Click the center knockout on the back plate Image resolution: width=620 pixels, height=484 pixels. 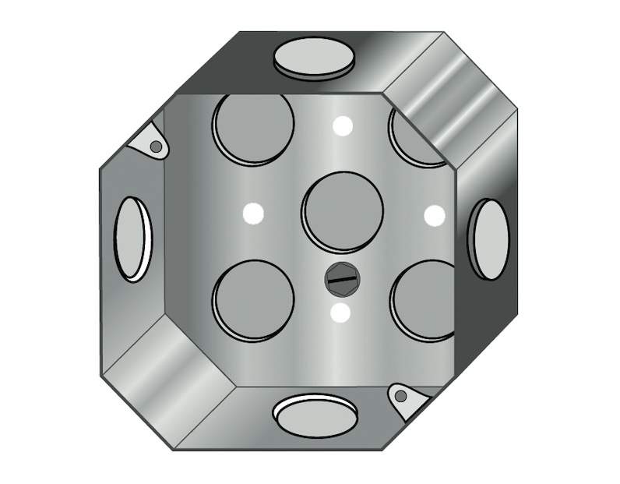pos(343,211)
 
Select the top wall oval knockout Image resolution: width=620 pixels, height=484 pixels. pos(314,58)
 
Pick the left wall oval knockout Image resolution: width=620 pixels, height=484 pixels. pos(132,239)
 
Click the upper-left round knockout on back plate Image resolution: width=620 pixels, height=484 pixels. pos(253,127)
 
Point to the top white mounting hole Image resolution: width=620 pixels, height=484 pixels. pos(342,125)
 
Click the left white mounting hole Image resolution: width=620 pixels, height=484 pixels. pos(252,212)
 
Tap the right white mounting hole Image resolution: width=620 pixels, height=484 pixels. pos(434,215)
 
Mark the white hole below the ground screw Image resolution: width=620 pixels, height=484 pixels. pos(340,313)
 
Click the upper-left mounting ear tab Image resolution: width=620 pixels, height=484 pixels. pos(150,142)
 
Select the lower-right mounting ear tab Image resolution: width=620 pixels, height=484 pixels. pos(407,398)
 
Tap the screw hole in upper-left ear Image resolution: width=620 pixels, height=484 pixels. pos(156,146)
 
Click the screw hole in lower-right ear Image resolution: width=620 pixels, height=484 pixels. pos(400,396)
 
